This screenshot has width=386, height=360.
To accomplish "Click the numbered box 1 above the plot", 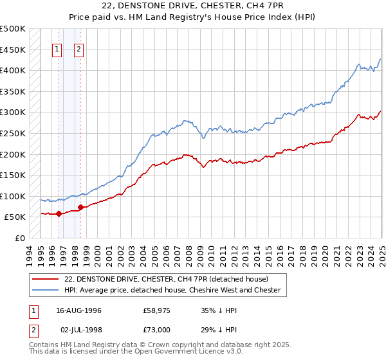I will coord(57,49).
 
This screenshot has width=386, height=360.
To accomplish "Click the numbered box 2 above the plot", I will coord(78,49).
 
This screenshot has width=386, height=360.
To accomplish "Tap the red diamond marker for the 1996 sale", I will coord(59,213).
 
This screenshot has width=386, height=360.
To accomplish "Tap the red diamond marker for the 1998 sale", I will coord(80,207).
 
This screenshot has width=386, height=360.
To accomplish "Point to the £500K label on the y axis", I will coord(12,29).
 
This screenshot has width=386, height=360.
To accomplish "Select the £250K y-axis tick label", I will coord(12,133).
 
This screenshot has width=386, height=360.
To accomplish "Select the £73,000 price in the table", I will coord(156,330).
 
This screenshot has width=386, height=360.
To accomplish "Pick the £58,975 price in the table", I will coord(156,310).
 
